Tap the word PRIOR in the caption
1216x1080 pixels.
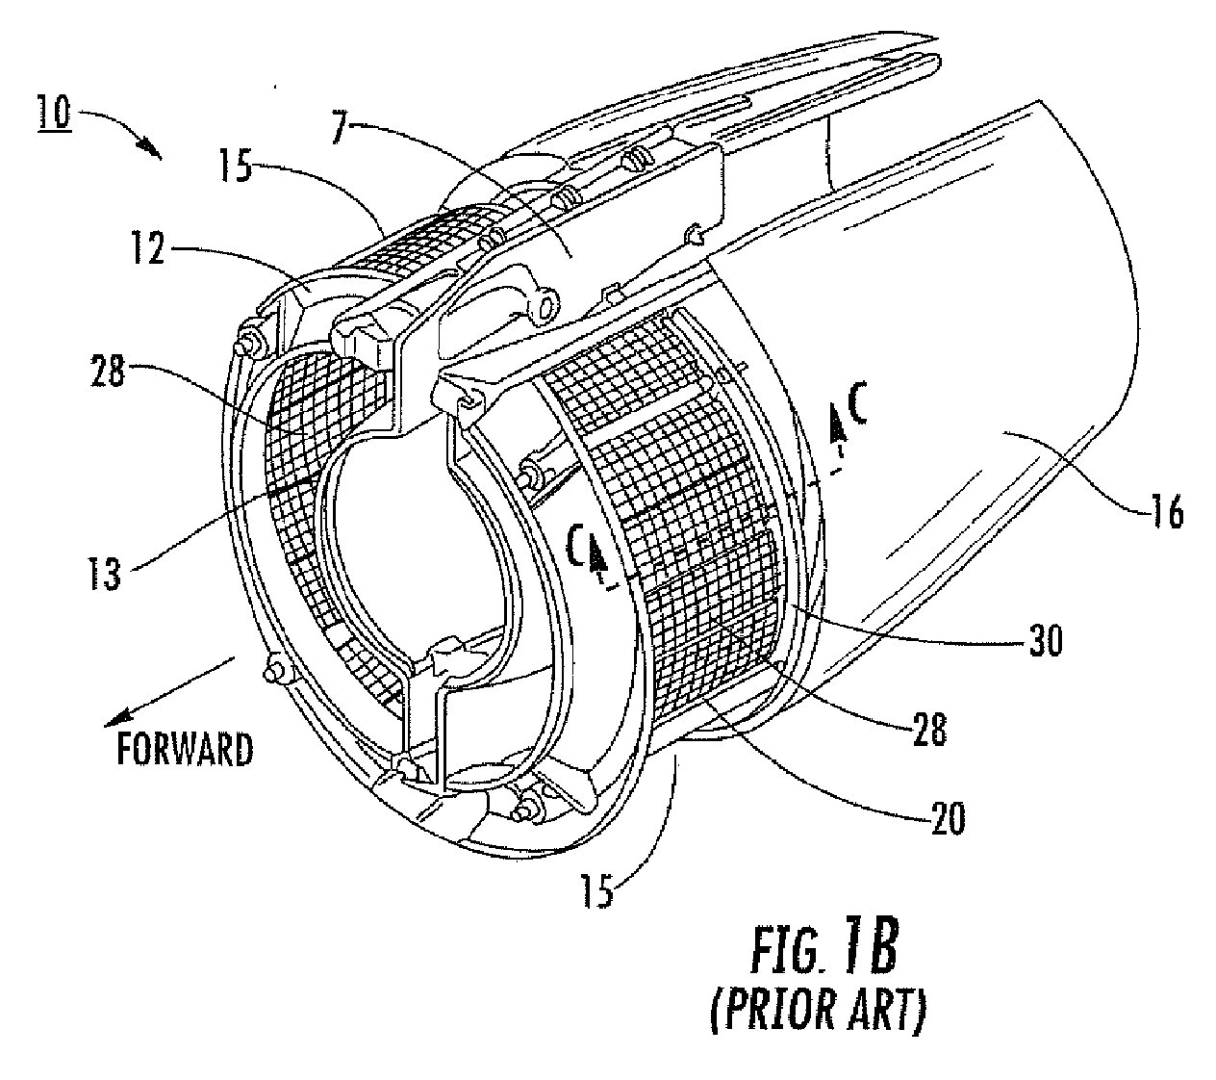pos(772,1013)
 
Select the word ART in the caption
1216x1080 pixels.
pos(892,1013)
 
